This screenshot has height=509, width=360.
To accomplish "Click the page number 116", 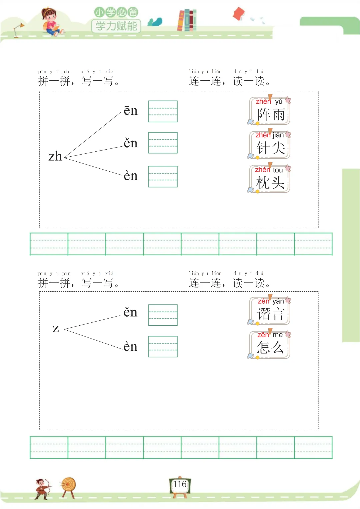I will [x=180, y=484].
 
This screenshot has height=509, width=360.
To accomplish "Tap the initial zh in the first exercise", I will [x=55, y=156].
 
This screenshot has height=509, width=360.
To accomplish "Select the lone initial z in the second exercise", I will [x=56, y=328].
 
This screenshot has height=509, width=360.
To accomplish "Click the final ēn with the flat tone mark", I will [x=130, y=111].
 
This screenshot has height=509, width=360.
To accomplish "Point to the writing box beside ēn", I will [x=163, y=111].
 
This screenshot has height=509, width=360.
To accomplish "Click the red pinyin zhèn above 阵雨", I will [x=263, y=101].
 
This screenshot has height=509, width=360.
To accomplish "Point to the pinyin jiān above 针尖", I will [x=278, y=135].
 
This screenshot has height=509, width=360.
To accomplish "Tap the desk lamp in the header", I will [x=18, y=30].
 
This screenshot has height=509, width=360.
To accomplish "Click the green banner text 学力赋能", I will [x=116, y=26].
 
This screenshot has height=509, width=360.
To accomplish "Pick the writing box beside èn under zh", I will [x=163, y=177].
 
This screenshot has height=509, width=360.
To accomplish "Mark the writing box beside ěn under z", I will [x=163, y=315].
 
